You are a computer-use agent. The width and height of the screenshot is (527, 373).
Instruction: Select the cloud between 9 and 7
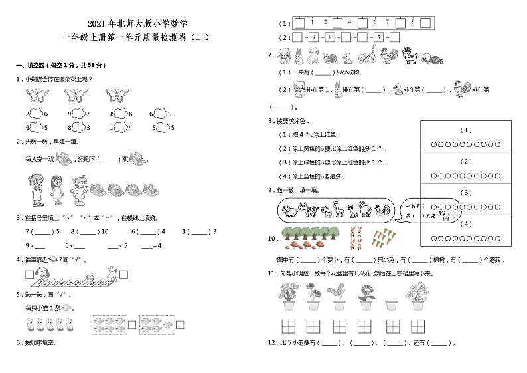click(78, 113)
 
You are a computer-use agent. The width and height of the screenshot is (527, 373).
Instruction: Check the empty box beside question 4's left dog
click(29, 274)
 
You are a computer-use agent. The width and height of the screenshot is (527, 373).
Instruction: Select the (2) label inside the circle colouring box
click(466, 161)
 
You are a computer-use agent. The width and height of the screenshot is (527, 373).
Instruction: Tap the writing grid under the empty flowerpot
click(390, 326)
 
